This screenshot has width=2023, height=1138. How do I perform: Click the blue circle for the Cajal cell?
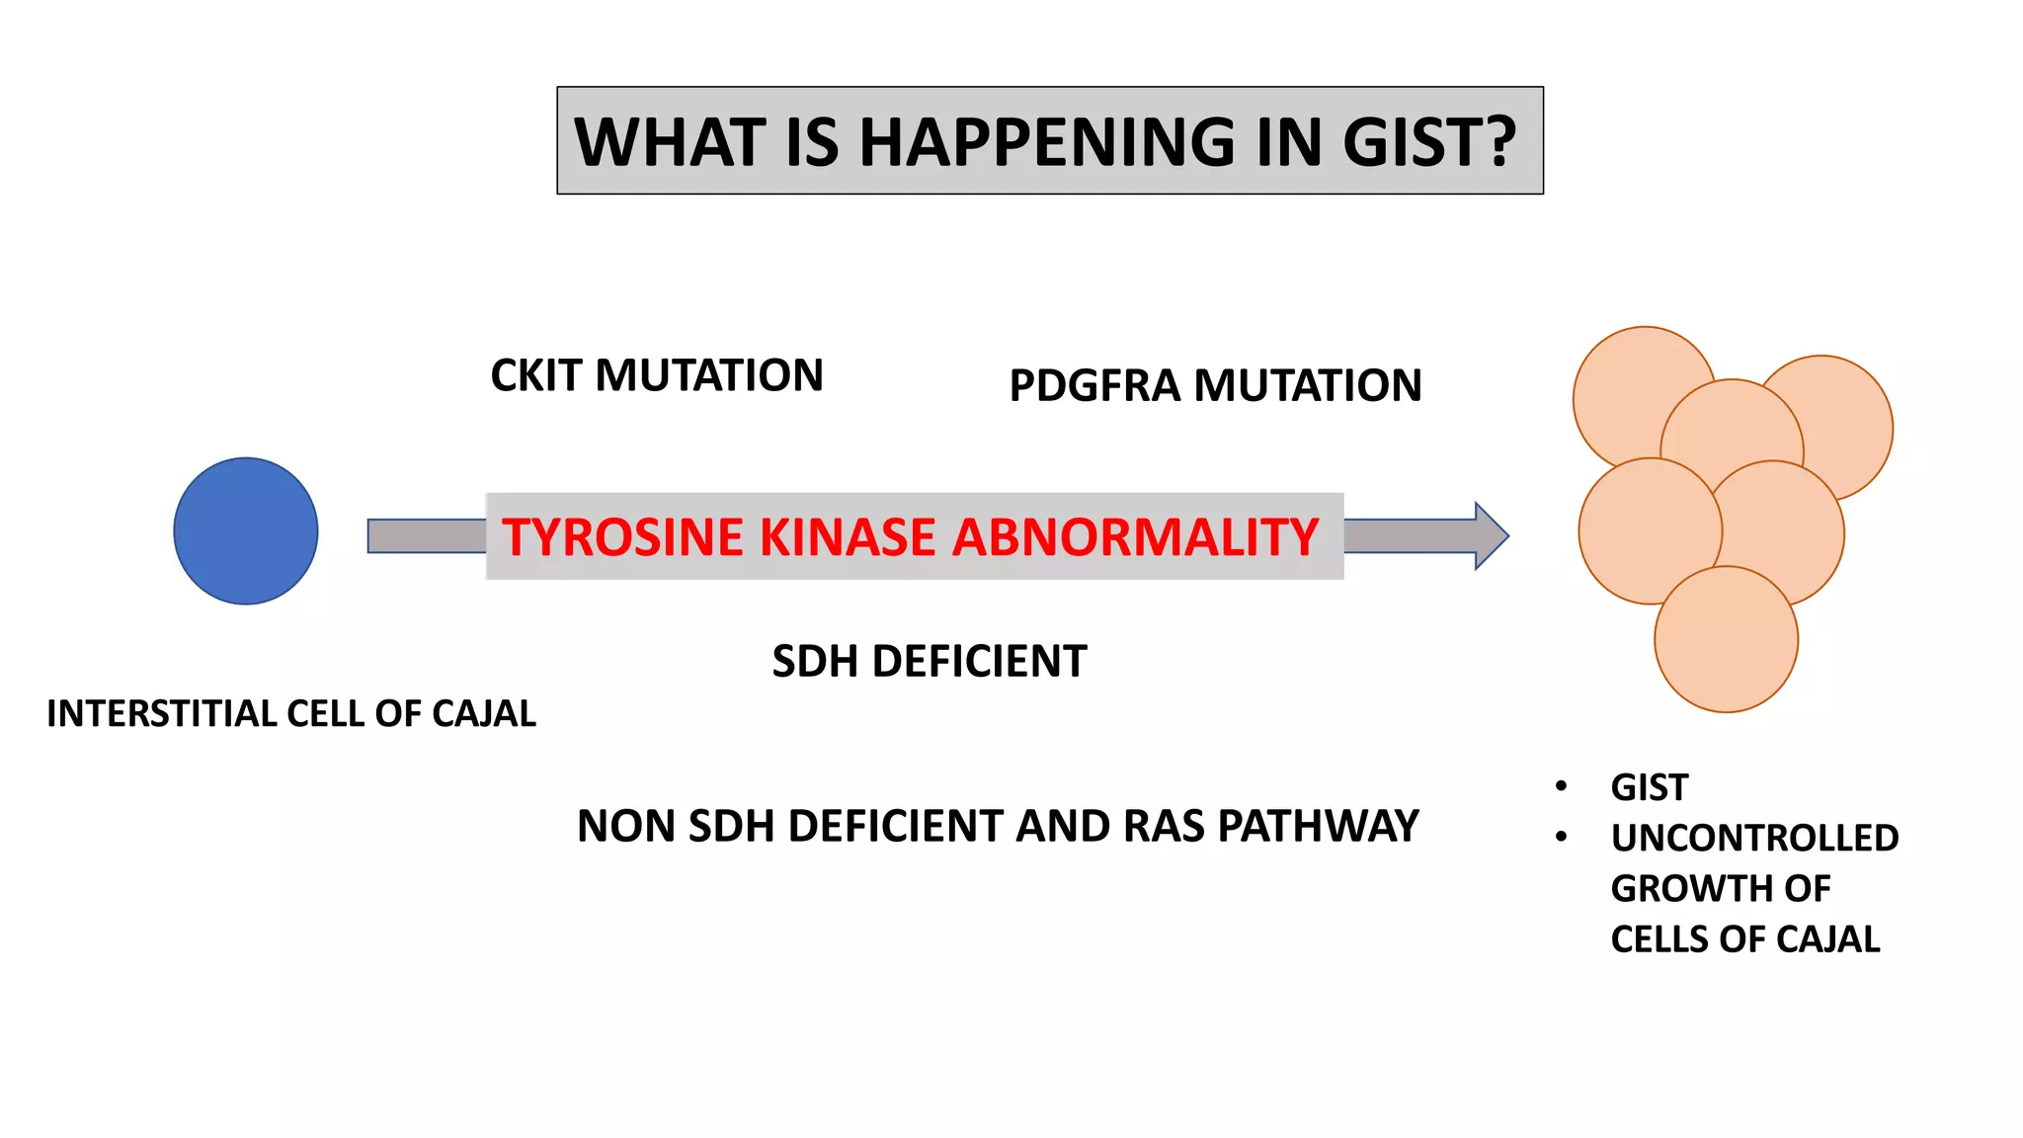[x=245, y=530]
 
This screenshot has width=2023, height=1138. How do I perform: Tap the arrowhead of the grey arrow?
[x=1490, y=535]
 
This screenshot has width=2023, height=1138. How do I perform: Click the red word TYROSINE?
[x=622, y=537]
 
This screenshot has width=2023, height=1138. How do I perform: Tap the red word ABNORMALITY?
[x=1135, y=537]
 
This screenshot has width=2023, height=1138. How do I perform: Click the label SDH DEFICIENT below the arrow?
[x=929, y=661]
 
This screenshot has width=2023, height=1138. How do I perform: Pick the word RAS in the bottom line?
[x=1163, y=826]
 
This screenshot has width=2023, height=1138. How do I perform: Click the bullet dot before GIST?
[x=1561, y=786]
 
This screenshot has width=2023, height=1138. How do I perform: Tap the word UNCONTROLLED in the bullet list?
[x=1754, y=838]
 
